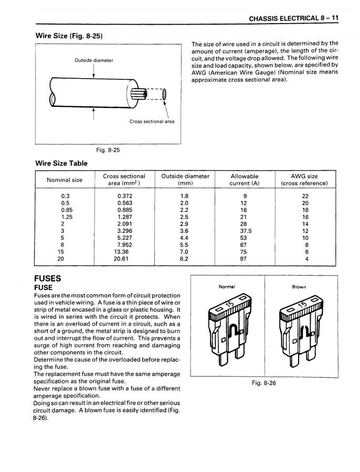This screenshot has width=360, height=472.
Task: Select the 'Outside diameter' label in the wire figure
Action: click(93, 60)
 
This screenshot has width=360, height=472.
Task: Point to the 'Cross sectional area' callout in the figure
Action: click(152, 121)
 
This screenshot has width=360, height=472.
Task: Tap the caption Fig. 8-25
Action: click(107, 150)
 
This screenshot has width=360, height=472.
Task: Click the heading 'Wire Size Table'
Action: click(61, 163)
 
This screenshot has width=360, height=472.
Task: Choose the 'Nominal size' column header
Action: click(65, 180)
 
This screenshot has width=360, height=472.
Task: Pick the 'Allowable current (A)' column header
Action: click(244, 180)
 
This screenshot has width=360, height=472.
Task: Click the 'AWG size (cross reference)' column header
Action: click(304, 180)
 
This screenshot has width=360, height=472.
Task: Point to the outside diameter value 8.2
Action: click(184, 258)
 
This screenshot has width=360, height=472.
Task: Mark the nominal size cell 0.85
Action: click(66, 209)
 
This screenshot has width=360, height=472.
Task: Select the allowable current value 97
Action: click(243, 258)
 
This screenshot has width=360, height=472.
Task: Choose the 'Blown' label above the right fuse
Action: click(299, 287)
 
